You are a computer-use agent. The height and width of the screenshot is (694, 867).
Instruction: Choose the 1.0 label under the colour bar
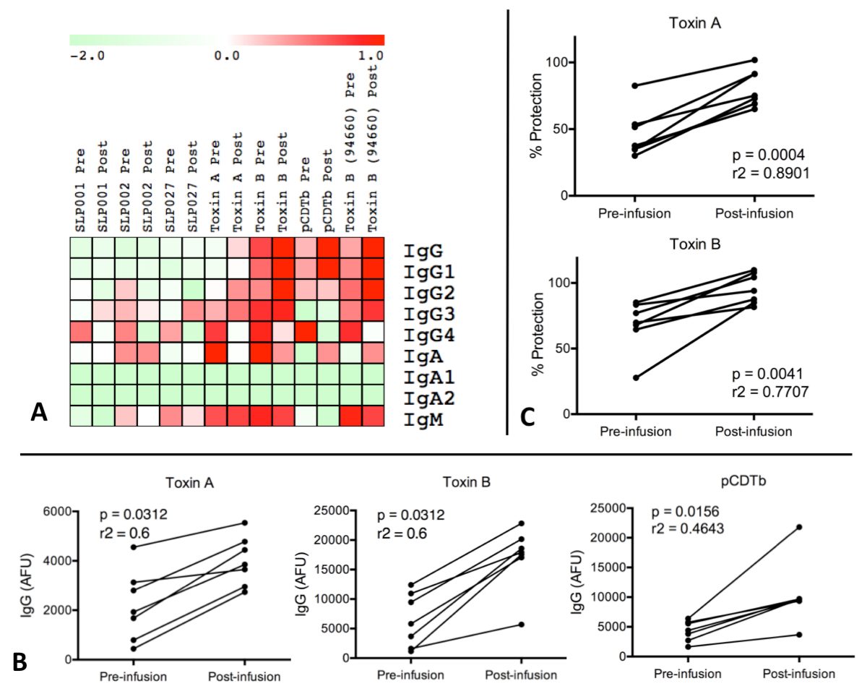coord(369,56)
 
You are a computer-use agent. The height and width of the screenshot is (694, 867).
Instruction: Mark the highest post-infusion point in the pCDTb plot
coord(799,527)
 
